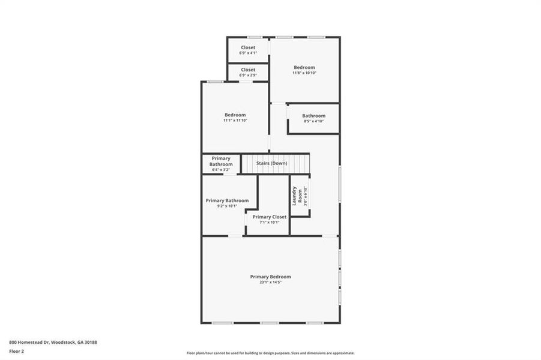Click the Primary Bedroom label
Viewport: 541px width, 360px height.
tap(270, 277)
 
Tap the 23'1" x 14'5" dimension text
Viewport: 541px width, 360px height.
tap(270, 282)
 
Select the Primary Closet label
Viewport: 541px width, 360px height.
tap(269, 217)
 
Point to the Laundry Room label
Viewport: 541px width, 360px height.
tap(295, 196)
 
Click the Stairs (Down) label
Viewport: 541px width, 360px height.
tap(271, 163)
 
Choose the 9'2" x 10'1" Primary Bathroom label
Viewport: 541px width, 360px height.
tap(223, 200)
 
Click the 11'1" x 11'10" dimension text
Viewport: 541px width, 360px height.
tap(235, 121)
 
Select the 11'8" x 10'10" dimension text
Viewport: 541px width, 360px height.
tap(304, 73)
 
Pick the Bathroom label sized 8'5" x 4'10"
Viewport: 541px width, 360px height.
tap(313, 116)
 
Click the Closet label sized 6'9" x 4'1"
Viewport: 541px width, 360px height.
tap(248, 47)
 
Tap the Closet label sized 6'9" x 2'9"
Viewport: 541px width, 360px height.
tap(248, 70)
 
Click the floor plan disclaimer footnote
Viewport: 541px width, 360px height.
tap(270, 353)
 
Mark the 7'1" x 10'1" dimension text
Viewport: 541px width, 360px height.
tap(269, 223)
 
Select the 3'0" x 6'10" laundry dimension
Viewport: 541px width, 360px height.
tap(305, 197)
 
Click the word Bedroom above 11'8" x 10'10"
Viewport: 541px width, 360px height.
tap(304, 67)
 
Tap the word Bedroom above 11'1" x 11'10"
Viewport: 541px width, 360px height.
tap(235, 115)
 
